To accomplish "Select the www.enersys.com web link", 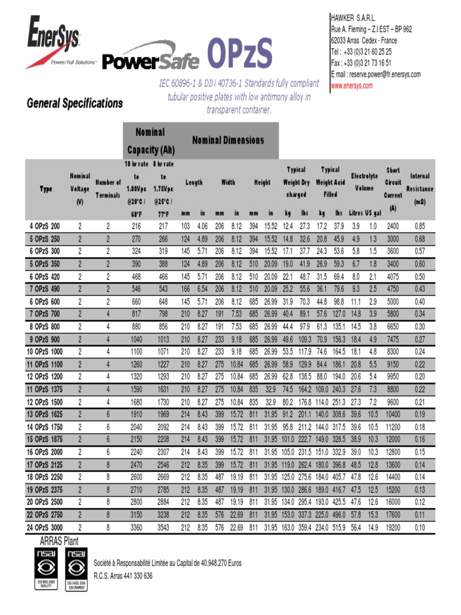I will (x=352, y=86).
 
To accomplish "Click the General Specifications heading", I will (x=74, y=103).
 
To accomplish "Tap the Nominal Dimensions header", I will (x=227, y=140).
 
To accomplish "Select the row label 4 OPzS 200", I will (x=45, y=226).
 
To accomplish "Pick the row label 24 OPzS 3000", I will (x=44, y=527).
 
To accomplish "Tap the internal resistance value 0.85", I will (x=419, y=226).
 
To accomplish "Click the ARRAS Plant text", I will (x=59, y=541).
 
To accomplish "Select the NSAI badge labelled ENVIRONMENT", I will (x=76, y=570).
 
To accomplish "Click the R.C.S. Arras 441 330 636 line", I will (x=123, y=576).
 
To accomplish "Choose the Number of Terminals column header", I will (x=108, y=189).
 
